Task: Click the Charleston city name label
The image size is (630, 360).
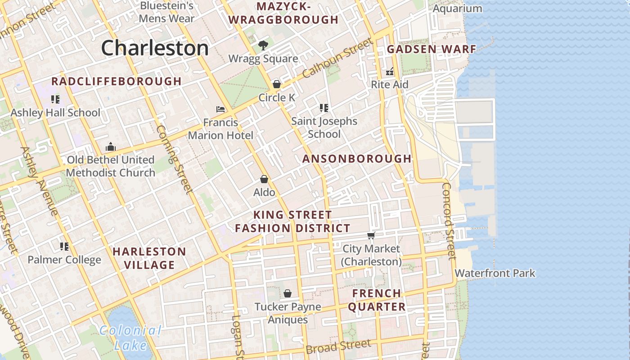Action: click(x=155, y=48)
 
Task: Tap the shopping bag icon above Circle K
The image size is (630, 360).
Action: click(x=277, y=84)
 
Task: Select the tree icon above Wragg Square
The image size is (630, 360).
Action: click(x=263, y=45)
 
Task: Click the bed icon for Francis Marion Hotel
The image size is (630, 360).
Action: click(x=220, y=109)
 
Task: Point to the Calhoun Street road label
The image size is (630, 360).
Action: click(x=337, y=58)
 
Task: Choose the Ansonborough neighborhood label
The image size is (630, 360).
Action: click(x=357, y=158)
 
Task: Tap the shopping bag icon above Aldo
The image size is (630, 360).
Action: click(x=264, y=179)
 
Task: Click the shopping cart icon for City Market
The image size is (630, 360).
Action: click(x=371, y=235)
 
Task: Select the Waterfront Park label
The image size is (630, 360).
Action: click(x=495, y=273)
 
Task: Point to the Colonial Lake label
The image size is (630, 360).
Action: click(x=130, y=338)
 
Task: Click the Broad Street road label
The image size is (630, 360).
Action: click(x=338, y=346)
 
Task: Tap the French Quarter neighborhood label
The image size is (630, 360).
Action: click(x=377, y=300)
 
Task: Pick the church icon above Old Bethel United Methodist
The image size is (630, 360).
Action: click(x=110, y=147)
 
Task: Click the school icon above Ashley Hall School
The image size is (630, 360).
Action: click(x=55, y=99)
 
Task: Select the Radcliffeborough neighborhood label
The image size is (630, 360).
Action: click(x=116, y=81)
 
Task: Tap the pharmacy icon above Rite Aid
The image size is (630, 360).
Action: click(x=390, y=72)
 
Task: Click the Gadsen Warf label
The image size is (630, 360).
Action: click(x=431, y=49)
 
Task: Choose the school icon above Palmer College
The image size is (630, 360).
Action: click(x=64, y=246)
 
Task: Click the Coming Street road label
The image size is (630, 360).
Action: click(x=175, y=159)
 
